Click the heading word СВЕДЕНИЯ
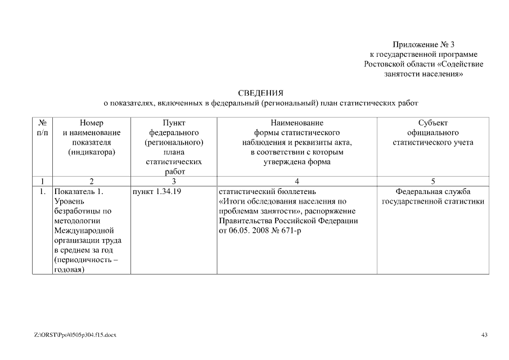[x=260, y=93]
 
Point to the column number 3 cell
[x=174, y=181]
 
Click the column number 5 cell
[x=433, y=181]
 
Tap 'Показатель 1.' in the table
[x=78, y=191]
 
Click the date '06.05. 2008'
[x=247, y=231]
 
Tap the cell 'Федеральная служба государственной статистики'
[x=433, y=196]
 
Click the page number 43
[x=484, y=335]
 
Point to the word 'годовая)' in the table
[x=69, y=270]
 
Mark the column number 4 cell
[x=296, y=181]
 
